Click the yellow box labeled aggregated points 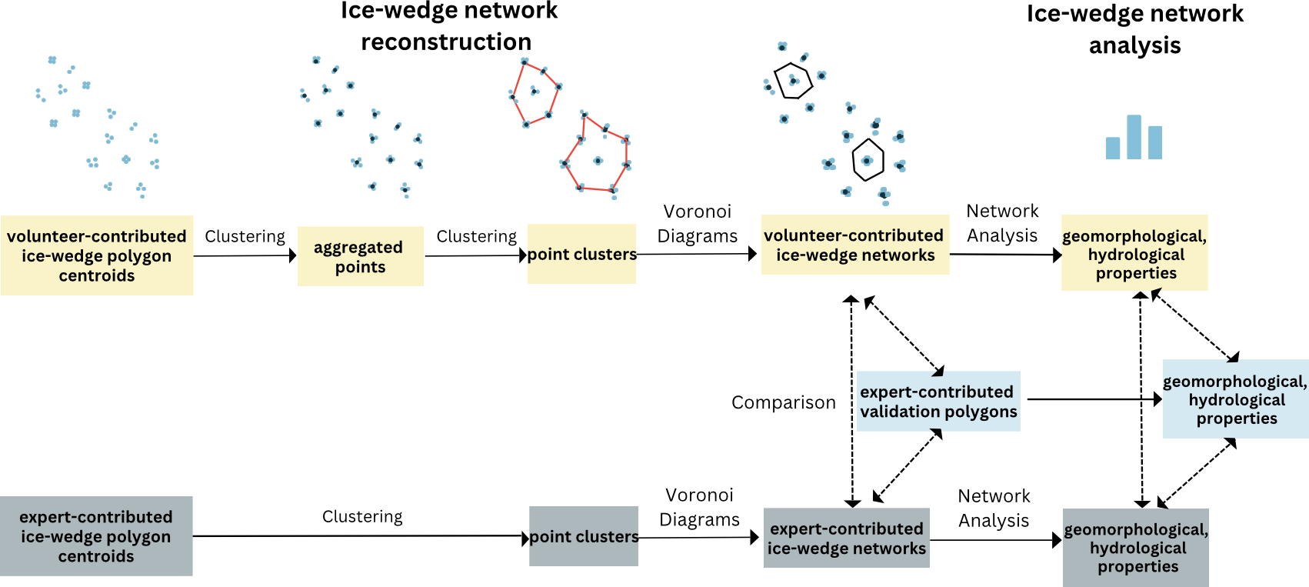(x=360, y=256)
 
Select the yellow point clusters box (x=581, y=254)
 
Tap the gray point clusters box (x=583, y=536)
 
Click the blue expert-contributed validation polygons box (x=938, y=402)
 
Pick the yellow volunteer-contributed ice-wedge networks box (x=854, y=245)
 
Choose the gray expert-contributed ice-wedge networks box (x=846, y=538)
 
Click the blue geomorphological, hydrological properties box (x=1235, y=399)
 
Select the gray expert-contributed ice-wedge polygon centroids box (x=96, y=536)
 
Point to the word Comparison (x=783, y=402)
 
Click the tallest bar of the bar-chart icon (x=1134, y=137)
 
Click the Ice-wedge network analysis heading (x=1134, y=28)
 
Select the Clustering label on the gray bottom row (x=362, y=516)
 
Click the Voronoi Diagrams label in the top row (x=698, y=223)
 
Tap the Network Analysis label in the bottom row (x=994, y=508)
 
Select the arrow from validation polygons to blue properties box (x=1092, y=399)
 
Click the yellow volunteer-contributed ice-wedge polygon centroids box (x=97, y=255)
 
